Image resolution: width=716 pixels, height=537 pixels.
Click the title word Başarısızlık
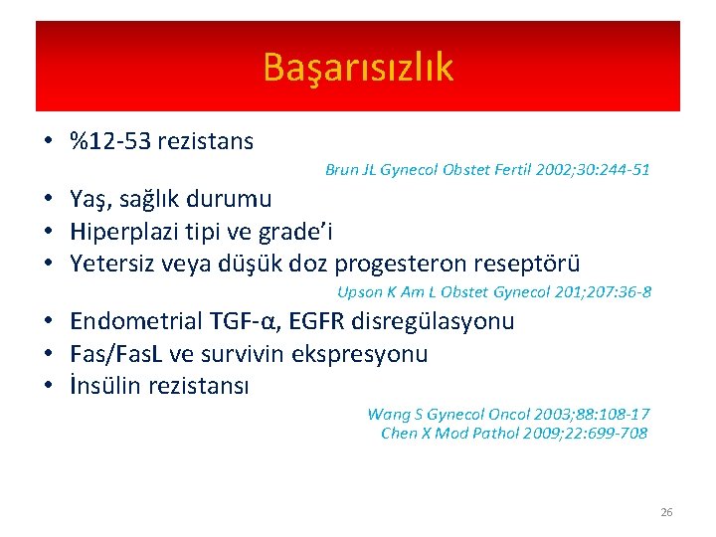[x=358, y=68]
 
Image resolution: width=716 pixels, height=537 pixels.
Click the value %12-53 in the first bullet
[x=110, y=141]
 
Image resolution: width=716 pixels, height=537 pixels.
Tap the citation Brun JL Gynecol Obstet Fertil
[x=487, y=170]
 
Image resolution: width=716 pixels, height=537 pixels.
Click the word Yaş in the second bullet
[x=89, y=199]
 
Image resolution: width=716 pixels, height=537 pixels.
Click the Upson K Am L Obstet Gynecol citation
[x=494, y=292]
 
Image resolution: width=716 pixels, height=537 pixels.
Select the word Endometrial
[x=136, y=321]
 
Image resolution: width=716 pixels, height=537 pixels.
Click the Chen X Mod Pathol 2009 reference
[x=513, y=433]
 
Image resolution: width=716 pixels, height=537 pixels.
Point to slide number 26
[x=666, y=512]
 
